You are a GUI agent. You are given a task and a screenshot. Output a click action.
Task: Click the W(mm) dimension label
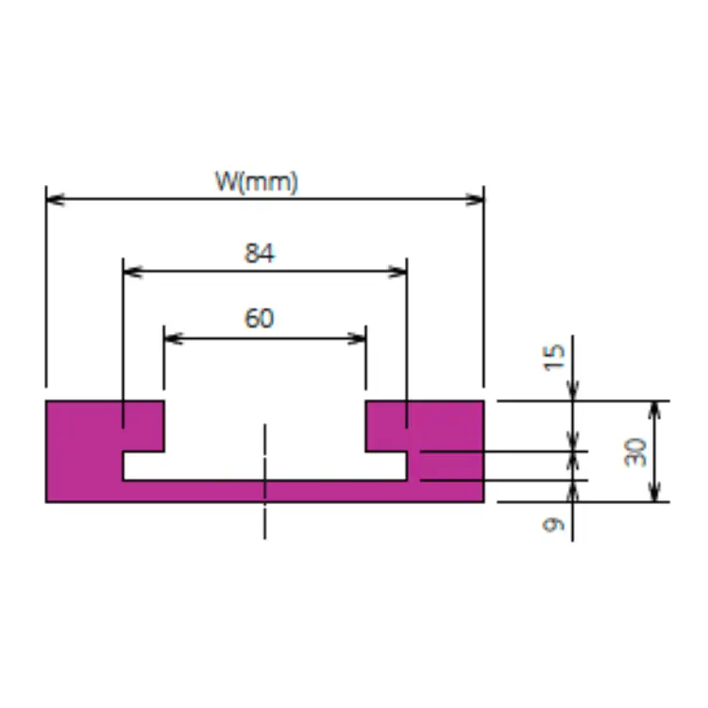(x=257, y=182)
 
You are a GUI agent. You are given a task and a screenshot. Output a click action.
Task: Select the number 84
(x=259, y=253)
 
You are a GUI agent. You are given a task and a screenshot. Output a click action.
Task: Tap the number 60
(x=259, y=318)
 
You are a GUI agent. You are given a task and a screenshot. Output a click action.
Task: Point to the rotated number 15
(x=553, y=358)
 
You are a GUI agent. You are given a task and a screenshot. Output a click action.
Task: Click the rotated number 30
(x=635, y=452)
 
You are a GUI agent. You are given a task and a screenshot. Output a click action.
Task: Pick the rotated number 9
(x=553, y=525)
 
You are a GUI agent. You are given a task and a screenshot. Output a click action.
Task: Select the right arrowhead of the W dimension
(x=475, y=199)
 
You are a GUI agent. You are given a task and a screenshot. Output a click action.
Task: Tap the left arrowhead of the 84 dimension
(x=133, y=272)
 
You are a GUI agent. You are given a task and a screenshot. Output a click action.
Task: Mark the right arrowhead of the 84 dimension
(x=397, y=272)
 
